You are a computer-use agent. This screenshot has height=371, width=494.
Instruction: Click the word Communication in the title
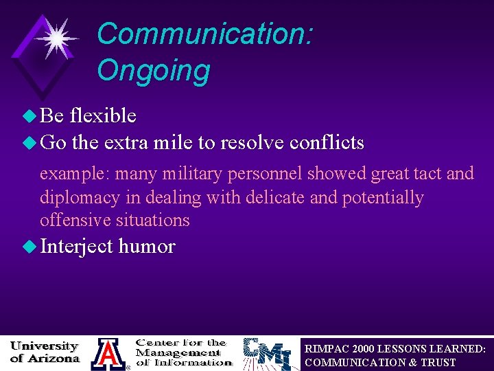(x=204, y=34)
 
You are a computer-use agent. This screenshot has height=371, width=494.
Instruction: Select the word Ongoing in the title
(x=153, y=70)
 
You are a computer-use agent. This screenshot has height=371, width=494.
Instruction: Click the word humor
(x=147, y=247)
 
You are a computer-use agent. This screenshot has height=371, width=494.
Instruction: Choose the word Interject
(x=77, y=247)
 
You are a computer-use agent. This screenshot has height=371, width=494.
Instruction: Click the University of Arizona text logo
(x=45, y=352)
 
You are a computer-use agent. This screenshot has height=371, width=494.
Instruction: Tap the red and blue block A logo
(x=108, y=354)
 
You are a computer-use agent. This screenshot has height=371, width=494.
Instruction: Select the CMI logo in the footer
(x=270, y=354)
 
